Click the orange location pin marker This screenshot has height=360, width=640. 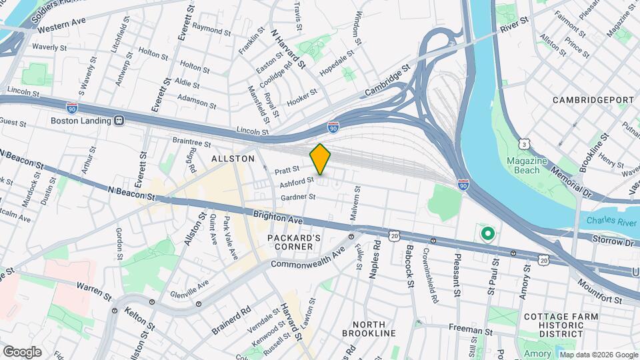[x=321, y=159]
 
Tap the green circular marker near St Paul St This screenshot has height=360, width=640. [x=487, y=233]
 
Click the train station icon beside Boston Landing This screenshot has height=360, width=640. [x=119, y=121]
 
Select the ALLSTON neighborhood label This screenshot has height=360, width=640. [x=233, y=159]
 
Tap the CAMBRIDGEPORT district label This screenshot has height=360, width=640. [x=593, y=100]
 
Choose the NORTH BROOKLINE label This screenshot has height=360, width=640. [x=369, y=327]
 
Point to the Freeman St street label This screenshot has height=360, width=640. [x=470, y=330]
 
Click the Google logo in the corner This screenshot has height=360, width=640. [x=22, y=351]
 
